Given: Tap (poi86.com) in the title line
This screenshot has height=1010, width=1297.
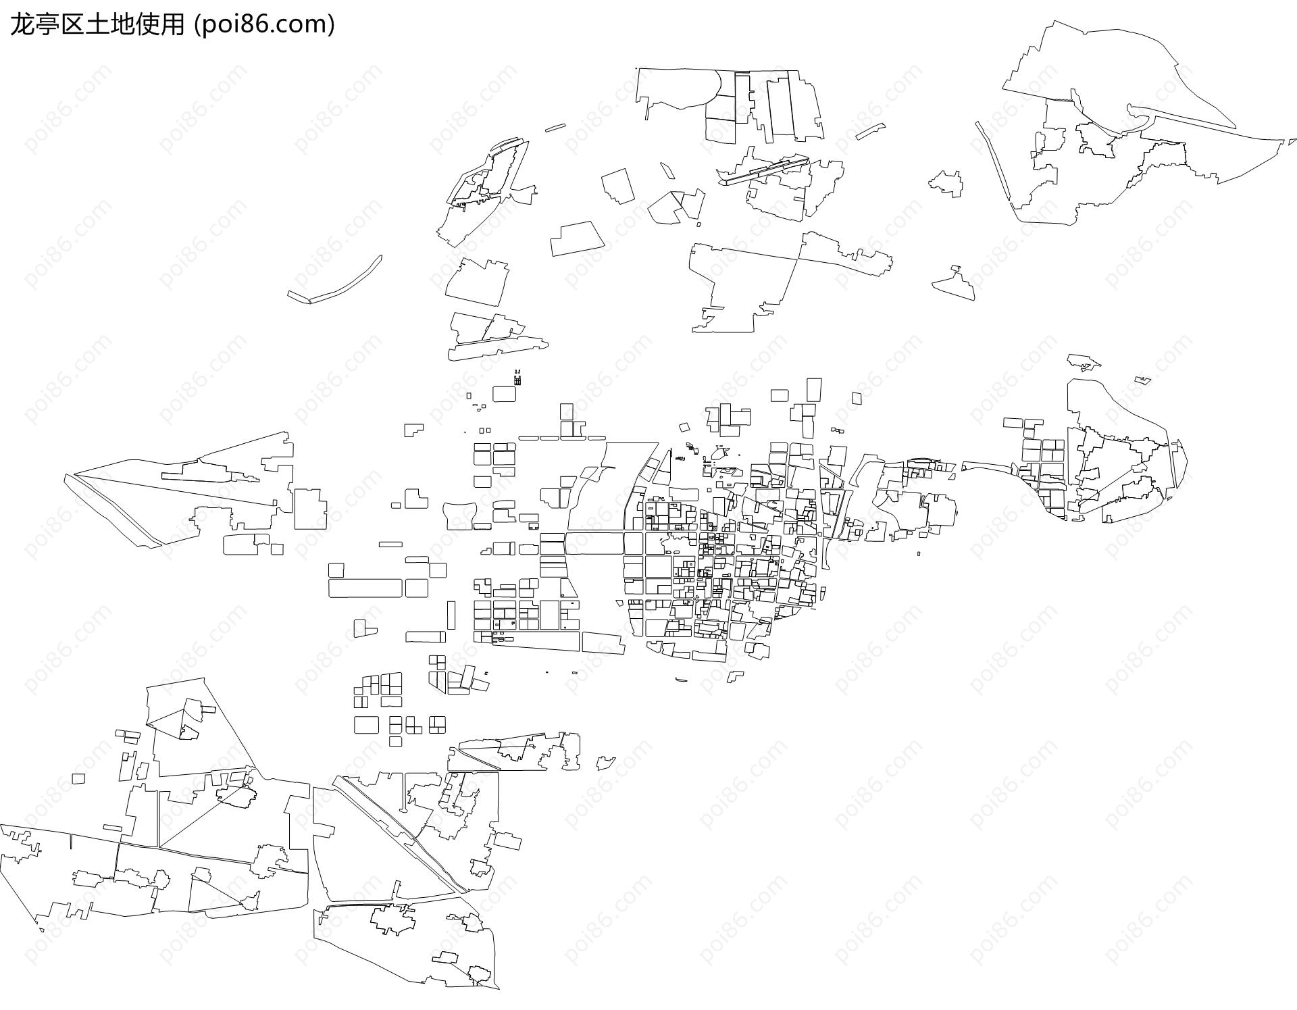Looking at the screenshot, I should pyautogui.click(x=264, y=24).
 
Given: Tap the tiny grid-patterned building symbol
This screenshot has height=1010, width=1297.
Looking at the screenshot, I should pyautogui.click(x=517, y=381).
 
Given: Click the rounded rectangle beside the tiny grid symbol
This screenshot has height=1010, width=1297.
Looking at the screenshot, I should pyautogui.click(x=504, y=394).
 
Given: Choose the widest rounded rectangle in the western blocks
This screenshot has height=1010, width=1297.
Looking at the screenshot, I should pyautogui.click(x=365, y=588).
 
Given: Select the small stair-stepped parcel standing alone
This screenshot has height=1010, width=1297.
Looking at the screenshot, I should pyautogui.click(x=413, y=430).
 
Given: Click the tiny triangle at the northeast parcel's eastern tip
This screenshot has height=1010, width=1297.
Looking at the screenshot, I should pyautogui.click(x=1292, y=142).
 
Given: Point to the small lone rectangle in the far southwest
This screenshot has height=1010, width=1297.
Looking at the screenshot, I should pyautogui.click(x=78, y=778).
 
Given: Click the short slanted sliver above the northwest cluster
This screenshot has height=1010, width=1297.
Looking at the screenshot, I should pyautogui.click(x=555, y=127).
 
